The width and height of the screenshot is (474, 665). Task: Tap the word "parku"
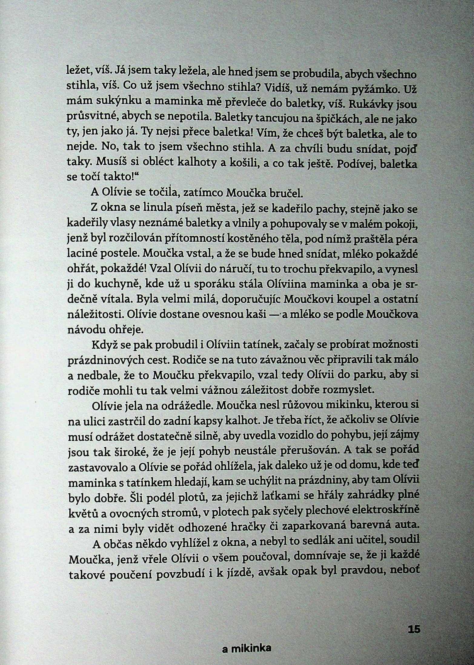(367, 375)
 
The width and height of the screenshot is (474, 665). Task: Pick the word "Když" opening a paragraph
(103, 346)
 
